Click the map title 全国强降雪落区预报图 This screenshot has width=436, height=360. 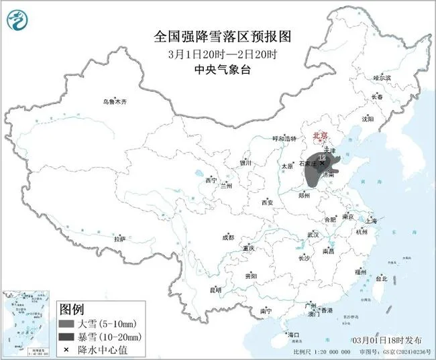(217, 34)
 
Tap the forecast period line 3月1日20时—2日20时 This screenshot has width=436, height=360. (217, 53)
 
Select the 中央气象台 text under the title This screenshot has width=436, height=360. (217, 68)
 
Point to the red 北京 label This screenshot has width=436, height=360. (321, 136)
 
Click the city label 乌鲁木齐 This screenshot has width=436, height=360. (114, 101)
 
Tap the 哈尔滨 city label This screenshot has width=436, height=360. (381, 78)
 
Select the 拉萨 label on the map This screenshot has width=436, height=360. (119, 239)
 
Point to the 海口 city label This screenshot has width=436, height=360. (292, 335)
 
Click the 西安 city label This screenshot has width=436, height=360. (268, 202)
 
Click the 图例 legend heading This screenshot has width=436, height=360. (72, 310)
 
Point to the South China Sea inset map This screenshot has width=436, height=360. (27, 318)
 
